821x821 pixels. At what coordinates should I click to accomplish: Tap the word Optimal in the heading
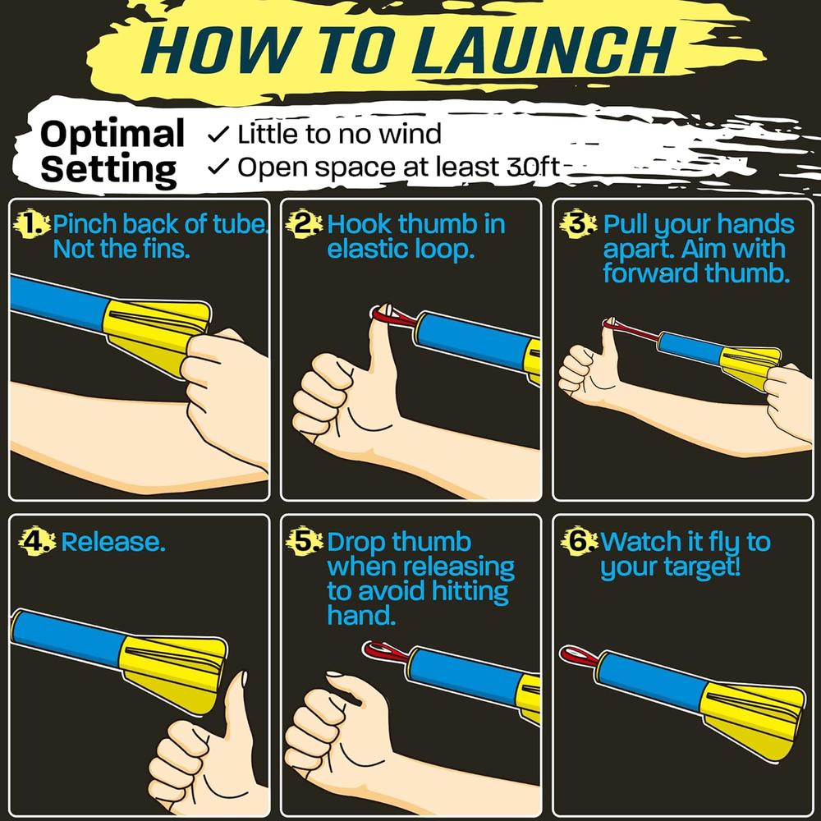[x=112, y=134]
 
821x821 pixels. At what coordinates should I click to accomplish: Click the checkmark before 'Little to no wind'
[x=218, y=134]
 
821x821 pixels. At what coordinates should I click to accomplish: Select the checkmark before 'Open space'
[x=218, y=167]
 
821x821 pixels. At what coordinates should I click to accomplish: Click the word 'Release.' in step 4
[x=113, y=543]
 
